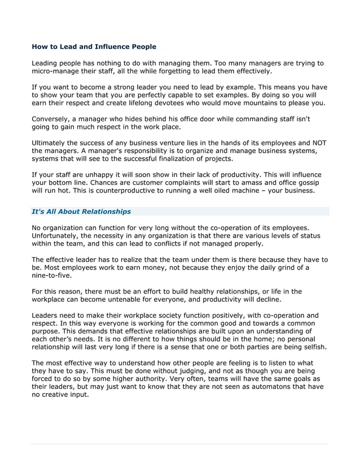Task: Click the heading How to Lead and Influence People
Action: (94, 46)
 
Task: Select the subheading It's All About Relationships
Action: (81, 212)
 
